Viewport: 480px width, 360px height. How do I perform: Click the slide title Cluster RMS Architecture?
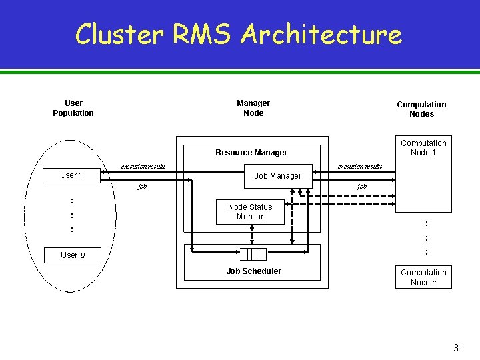coord(239,34)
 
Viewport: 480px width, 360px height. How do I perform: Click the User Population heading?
coord(73,108)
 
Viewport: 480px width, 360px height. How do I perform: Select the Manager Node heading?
coord(253,108)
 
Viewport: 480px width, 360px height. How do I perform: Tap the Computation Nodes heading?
coord(421,109)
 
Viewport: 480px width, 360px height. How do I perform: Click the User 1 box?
coord(71,175)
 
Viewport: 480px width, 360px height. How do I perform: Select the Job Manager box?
coord(278,176)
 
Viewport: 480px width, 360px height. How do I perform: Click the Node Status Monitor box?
coord(250,212)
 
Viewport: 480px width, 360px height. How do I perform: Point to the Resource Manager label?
coord(251,153)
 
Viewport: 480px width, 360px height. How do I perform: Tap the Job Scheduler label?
coord(253,271)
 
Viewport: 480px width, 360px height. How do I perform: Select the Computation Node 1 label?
coord(423,148)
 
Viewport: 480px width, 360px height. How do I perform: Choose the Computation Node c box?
coord(423,277)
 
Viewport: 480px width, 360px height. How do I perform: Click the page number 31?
coord(458,347)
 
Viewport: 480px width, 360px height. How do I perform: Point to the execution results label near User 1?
coord(143,166)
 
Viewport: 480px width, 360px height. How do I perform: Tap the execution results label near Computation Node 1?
coord(360,166)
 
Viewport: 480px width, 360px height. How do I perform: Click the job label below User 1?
coord(142,187)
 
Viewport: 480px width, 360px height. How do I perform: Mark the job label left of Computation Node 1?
coord(362,187)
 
